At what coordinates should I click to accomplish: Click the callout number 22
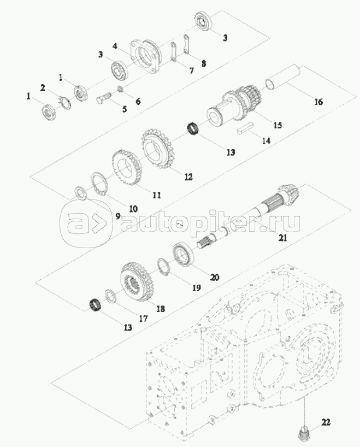pyautogui.click(x=326, y=421)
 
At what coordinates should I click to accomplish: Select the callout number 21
pyautogui.click(x=282, y=238)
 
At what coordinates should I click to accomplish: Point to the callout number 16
pyautogui.click(x=318, y=102)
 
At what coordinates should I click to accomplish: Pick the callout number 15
pyautogui.click(x=278, y=125)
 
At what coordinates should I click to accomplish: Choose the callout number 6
pyautogui.click(x=138, y=101)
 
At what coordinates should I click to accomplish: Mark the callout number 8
pyautogui.click(x=204, y=63)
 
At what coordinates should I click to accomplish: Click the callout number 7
pyautogui.click(x=191, y=71)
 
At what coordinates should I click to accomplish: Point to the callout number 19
pyautogui.click(x=196, y=288)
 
